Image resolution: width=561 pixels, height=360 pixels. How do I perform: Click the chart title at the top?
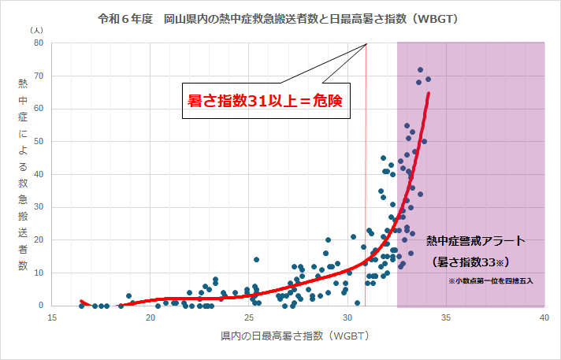[x=279, y=17]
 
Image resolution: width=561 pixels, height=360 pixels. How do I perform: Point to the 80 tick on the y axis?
[x=37, y=43]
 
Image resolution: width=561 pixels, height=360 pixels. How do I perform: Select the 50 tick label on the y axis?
[x=37, y=142]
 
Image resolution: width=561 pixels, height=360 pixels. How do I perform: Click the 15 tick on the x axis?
[x=52, y=317]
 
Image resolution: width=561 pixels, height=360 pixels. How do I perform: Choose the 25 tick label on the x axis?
[x=249, y=317]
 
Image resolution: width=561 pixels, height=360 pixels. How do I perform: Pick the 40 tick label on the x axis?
[x=544, y=317]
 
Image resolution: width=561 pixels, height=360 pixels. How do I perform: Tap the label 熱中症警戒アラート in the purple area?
[x=474, y=240]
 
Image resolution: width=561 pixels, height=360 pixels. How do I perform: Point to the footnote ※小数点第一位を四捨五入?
[x=492, y=280]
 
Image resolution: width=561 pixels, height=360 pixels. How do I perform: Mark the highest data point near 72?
[x=420, y=69]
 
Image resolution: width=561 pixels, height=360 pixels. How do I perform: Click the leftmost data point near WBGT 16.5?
[x=82, y=306]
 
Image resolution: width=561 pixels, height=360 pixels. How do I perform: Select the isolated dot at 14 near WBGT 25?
[x=256, y=259]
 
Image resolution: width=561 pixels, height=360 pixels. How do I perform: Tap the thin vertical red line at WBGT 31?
[x=366, y=197]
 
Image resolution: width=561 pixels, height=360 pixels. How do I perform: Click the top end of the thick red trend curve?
[x=429, y=94]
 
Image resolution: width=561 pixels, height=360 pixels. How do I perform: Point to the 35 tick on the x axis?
[x=446, y=317]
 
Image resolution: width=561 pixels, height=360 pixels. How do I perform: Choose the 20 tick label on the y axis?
[x=37, y=240]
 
